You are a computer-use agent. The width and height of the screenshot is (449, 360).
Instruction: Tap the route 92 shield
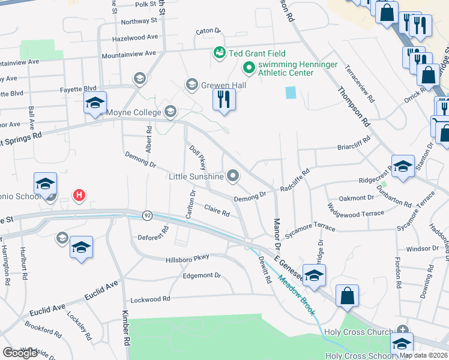point(147,214)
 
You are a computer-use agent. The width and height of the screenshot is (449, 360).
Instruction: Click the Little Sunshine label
point(196,176)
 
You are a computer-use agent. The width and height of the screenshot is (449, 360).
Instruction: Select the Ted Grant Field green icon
point(219,53)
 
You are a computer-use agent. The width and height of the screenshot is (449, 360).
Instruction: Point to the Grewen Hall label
point(224,85)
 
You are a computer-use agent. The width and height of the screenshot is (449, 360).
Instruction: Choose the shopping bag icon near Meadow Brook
point(347,296)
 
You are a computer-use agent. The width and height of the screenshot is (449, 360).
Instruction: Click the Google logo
point(20,353)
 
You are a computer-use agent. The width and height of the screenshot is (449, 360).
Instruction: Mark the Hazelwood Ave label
point(135,37)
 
